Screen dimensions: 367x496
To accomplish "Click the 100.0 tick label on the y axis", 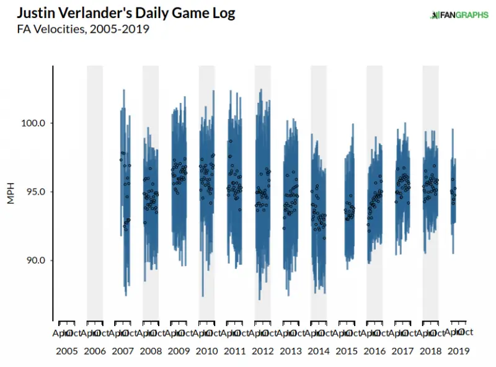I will (34, 123).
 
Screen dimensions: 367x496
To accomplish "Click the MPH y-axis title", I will (11, 192).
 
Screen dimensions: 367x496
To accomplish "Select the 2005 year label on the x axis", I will (67, 351).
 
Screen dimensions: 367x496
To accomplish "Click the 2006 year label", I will (95, 351).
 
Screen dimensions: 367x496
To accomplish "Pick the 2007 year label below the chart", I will (123, 351).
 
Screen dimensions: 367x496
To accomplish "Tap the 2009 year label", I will (179, 351).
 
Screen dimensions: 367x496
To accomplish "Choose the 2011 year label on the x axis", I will (234, 351).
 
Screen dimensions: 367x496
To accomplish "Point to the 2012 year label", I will (262, 351).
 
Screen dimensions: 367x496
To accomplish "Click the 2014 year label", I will (319, 351).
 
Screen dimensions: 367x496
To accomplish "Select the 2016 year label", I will (374, 351).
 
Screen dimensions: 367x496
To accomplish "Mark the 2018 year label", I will (430, 351).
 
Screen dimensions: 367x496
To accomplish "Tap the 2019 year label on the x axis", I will (458, 351).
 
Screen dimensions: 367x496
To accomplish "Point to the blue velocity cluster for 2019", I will (453, 198).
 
